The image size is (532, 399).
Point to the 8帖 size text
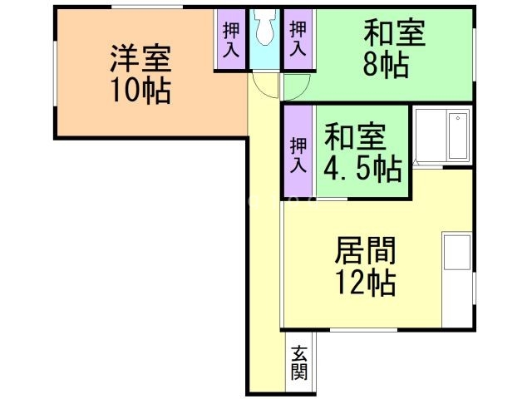386,65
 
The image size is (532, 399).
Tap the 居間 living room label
365,249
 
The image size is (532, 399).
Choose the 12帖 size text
365,283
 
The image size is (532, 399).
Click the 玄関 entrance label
298,362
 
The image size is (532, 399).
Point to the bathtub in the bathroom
458,136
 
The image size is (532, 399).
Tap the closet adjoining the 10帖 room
231,39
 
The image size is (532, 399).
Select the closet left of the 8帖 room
297,39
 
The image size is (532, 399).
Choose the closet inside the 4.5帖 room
298,154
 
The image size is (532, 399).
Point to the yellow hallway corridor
264,249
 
